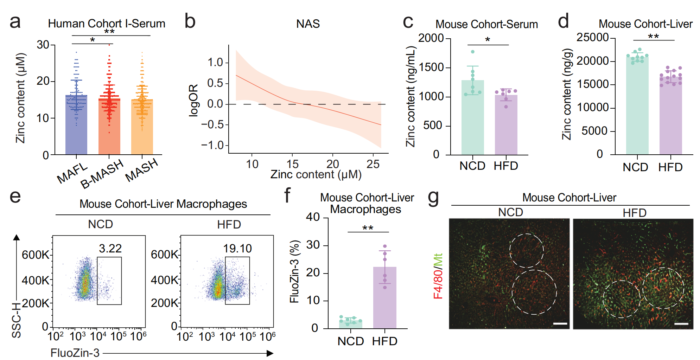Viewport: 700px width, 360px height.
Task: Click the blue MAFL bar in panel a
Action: click(x=76, y=125)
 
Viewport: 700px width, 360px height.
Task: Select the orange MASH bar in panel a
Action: click(x=142, y=127)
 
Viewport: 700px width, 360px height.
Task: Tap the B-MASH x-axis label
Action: click(x=102, y=174)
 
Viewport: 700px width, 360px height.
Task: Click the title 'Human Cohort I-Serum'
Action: click(x=107, y=24)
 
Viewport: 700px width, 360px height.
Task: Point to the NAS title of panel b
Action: click(x=308, y=24)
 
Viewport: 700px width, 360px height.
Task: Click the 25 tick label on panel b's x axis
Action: click(x=373, y=164)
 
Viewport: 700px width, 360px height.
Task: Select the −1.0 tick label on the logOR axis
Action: click(x=212, y=145)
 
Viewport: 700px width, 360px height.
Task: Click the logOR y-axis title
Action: click(x=193, y=100)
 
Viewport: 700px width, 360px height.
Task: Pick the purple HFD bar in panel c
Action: click(x=506, y=125)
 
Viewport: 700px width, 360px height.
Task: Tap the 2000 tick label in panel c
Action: click(x=431, y=38)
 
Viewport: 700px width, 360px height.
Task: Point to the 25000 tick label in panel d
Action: click(x=592, y=37)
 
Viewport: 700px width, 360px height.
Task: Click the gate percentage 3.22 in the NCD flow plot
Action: click(x=110, y=249)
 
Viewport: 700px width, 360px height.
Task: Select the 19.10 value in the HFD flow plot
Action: click(x=237, y=249)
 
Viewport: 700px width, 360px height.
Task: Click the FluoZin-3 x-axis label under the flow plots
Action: click(x=75, y=353)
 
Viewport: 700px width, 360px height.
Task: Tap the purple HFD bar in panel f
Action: click(x=385, y=298)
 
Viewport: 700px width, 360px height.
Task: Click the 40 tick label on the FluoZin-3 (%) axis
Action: click(x=313, y=217)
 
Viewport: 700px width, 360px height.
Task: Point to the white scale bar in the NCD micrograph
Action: click(x=560, y=323)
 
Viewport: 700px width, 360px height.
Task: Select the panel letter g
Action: click(x=433, y=197)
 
